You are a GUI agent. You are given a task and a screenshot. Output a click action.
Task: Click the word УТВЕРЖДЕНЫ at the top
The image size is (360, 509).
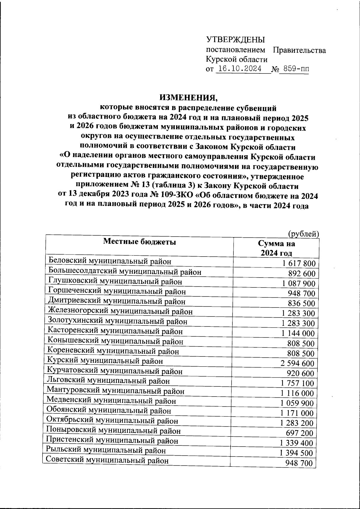click(x=235, y=40)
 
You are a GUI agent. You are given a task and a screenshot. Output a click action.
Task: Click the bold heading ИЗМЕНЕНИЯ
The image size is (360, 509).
click(x=188, y=97)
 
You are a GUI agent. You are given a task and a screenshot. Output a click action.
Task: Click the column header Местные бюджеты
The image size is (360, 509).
click(x=139, y=242)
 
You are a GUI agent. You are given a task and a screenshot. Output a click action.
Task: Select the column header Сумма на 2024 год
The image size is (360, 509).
click(x=276, y=248)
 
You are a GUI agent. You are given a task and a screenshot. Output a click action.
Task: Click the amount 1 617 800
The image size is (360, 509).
click(x=298, y=264)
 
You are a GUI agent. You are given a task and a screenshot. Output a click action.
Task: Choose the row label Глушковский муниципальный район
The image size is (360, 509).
click(x=115, y=281)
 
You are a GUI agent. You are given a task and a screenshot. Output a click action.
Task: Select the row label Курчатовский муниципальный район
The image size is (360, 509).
click(x=115, y=371)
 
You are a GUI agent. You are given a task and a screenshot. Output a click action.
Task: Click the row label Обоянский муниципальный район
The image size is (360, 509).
click(x=109, y=411)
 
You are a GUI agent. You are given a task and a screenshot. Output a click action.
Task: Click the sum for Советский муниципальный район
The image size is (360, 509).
click(x=300, y=463)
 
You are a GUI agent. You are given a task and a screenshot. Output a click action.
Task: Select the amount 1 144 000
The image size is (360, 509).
click(x=298, y=333)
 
